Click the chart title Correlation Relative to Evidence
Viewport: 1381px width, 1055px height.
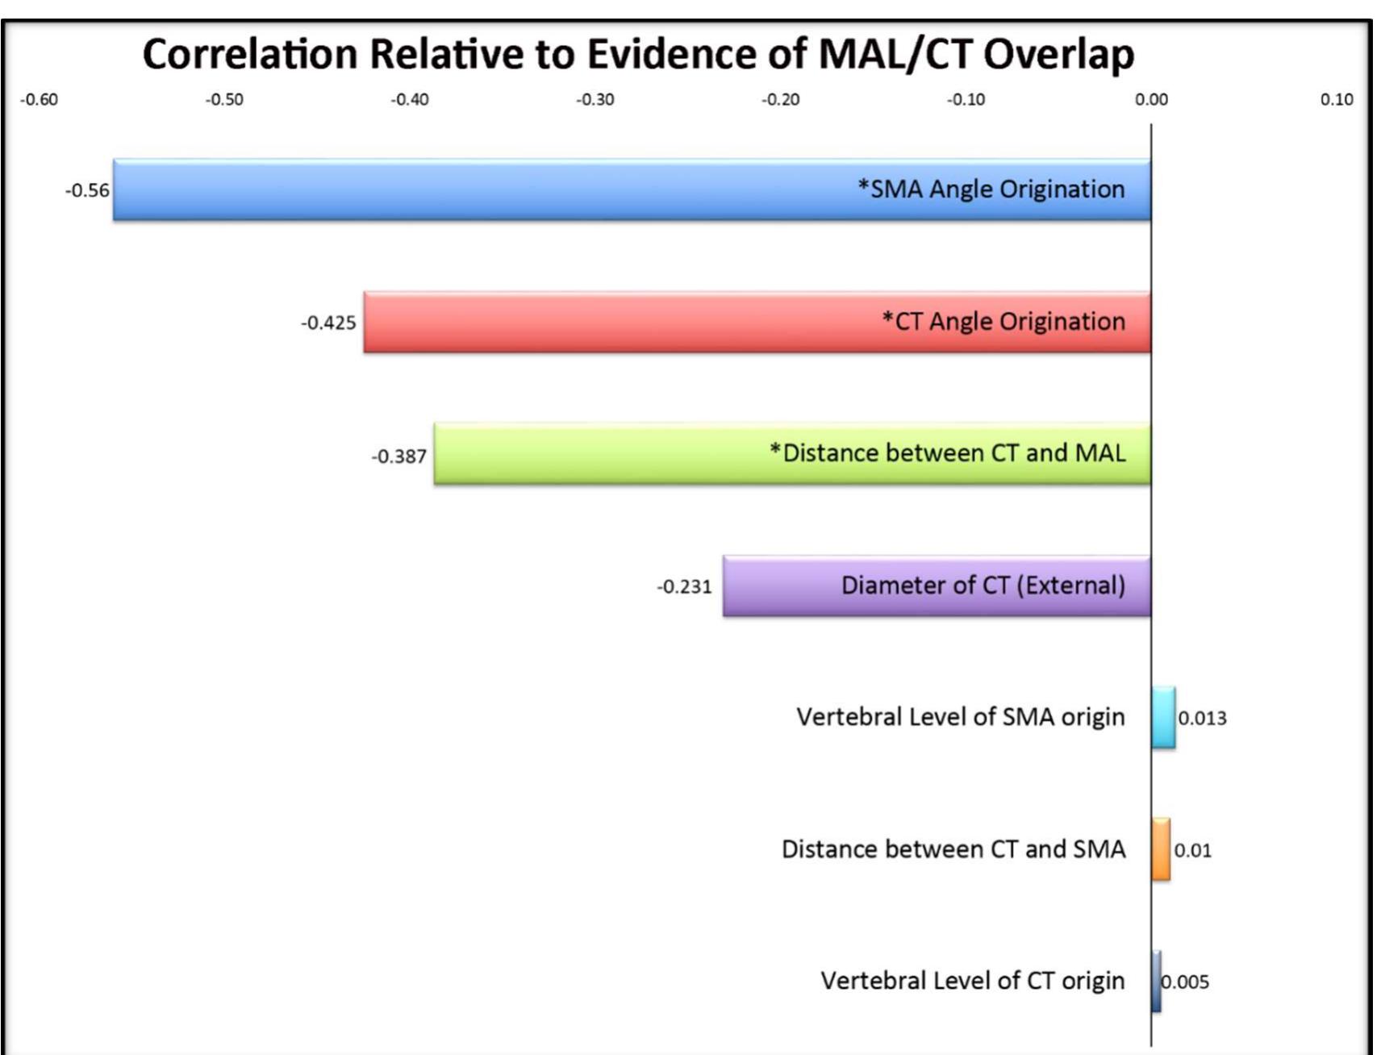pyautogui.click(x=638, y=55)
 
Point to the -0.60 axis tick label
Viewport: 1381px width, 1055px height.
pyautogui.click(x=39, y=99)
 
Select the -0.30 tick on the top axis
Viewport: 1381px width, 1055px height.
pyautogui.click(x=595, y=99)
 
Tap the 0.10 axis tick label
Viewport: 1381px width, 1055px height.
pyautogui.click(x=1336, y=99)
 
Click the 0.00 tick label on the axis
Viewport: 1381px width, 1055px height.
pyautogui.click(x=1151, y=99)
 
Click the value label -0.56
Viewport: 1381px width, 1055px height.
pyautogui.click(x=87, y=190)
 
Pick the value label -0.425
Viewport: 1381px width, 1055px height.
pyautogui.click(x=328, y=323)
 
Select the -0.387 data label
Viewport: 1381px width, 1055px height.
pyautogui.click(x=398, y=457)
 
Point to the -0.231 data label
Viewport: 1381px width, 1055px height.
pyautogui.click(x=684, y=586)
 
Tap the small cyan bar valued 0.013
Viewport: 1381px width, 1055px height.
pyautogui.click(x=1163, y=717)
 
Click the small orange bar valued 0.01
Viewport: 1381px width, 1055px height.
pyautogui.click(x=1161, y=849)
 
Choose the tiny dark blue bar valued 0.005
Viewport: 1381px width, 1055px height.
pyautogui.click(x=1156, y=982)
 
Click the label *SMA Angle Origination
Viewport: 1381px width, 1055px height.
pyautogui.click(x=991, y=189)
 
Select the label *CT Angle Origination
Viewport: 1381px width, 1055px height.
pyautogui.click(x=1003, y=321)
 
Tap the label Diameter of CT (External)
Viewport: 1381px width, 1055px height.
pyautogui.click(x=983, y=585)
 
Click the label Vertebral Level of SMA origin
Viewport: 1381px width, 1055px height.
pyautogui.click(x=960, y=717)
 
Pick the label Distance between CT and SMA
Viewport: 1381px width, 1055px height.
pyautogui.click(x=953, y=849)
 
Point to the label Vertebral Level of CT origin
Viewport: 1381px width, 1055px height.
pyautogui.click(x=972, y=981)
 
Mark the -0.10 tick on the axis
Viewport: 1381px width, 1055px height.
pyautogui.click(x=966, y=99)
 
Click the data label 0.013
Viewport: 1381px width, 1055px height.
pyautogui.click(x=1202, y=718)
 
